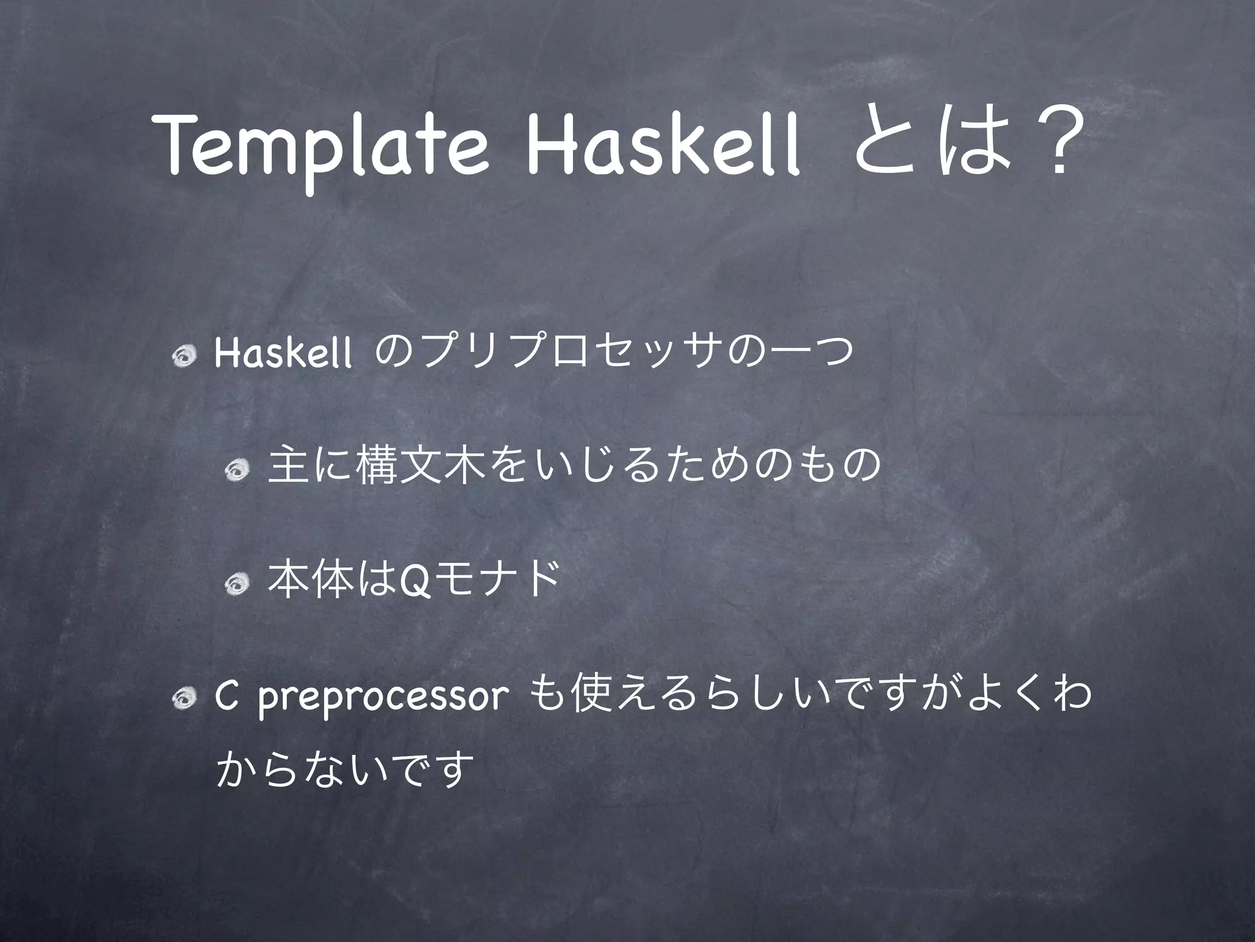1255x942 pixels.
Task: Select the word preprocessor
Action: click(x=384, y=699)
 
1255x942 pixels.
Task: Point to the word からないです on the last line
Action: click(x=346, y=772)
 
